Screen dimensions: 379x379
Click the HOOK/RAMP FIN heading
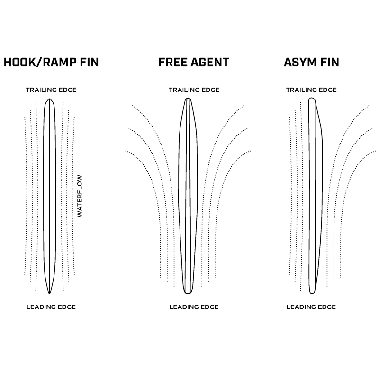(51, 62)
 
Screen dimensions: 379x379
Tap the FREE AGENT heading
(194, 62)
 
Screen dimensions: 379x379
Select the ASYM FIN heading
(311, 62)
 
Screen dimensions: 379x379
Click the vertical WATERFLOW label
(80, 195)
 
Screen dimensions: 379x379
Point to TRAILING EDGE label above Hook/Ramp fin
(51, 90)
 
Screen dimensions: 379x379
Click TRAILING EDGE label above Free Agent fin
(194, 90)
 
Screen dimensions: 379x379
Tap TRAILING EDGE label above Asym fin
(311, 90)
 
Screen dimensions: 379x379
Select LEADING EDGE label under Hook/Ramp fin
(51, 307)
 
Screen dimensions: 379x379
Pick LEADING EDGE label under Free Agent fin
(194, 307)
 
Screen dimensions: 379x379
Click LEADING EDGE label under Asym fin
(311, 307)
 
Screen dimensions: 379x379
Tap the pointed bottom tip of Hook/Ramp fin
(49, 293)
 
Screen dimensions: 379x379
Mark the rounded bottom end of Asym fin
(312, 293)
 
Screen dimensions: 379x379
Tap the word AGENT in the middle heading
(208, 62)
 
